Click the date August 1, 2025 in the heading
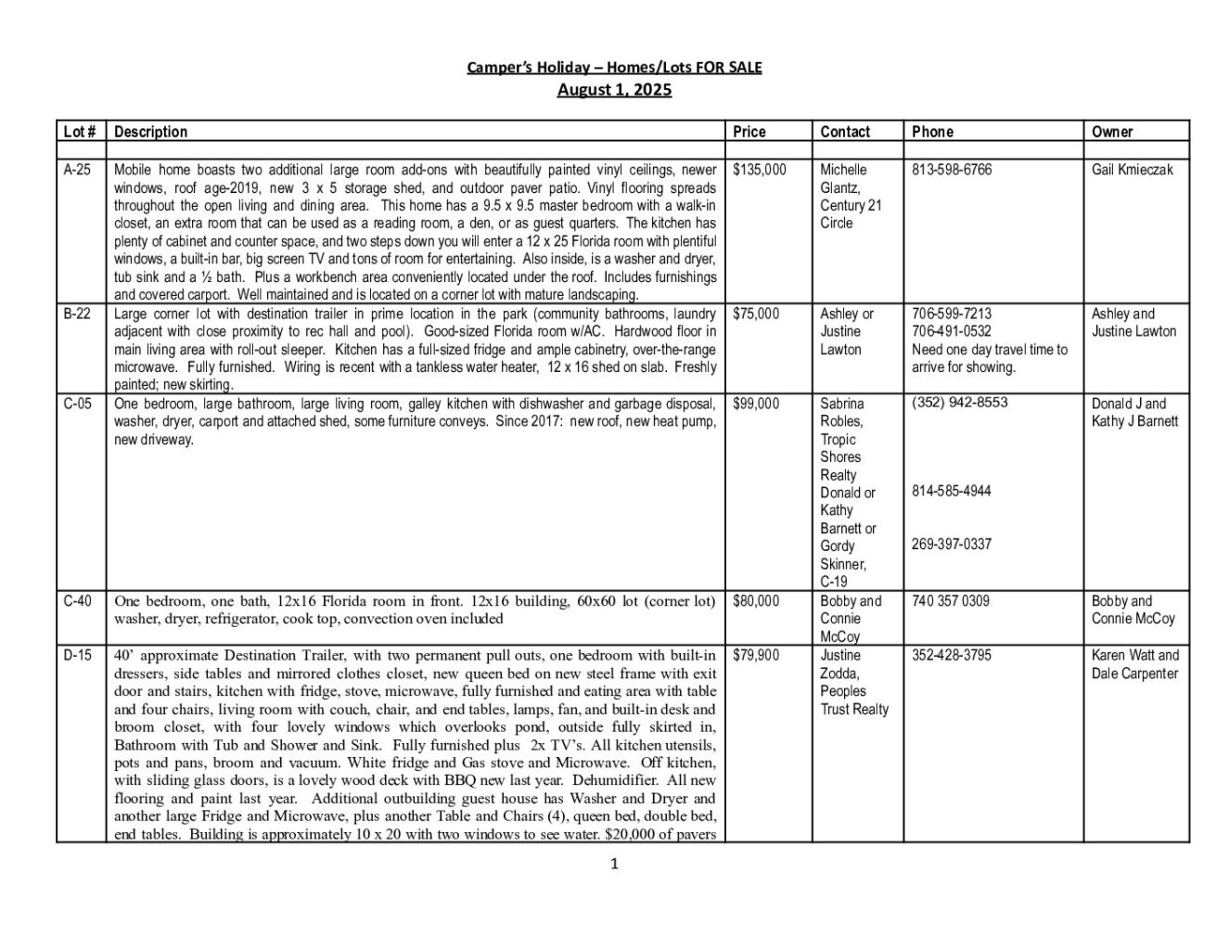pos(614,90)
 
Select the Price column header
pos(749,132)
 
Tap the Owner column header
pos(1112,132)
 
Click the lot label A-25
pos(77,170)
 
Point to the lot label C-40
pos(78,601)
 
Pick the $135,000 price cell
pos(759,170)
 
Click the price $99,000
pos(756,404)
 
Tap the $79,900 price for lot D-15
pos(756,655)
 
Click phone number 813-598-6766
pos(952,170)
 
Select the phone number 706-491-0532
pos(952,331)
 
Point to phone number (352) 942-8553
pos(960,403)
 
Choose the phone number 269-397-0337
pos(952,545)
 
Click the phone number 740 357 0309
pos(951,601)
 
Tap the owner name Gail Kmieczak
pos(1133,170)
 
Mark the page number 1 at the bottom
pos(614,865)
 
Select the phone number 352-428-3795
pos(952,655)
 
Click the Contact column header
pos(845,132)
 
